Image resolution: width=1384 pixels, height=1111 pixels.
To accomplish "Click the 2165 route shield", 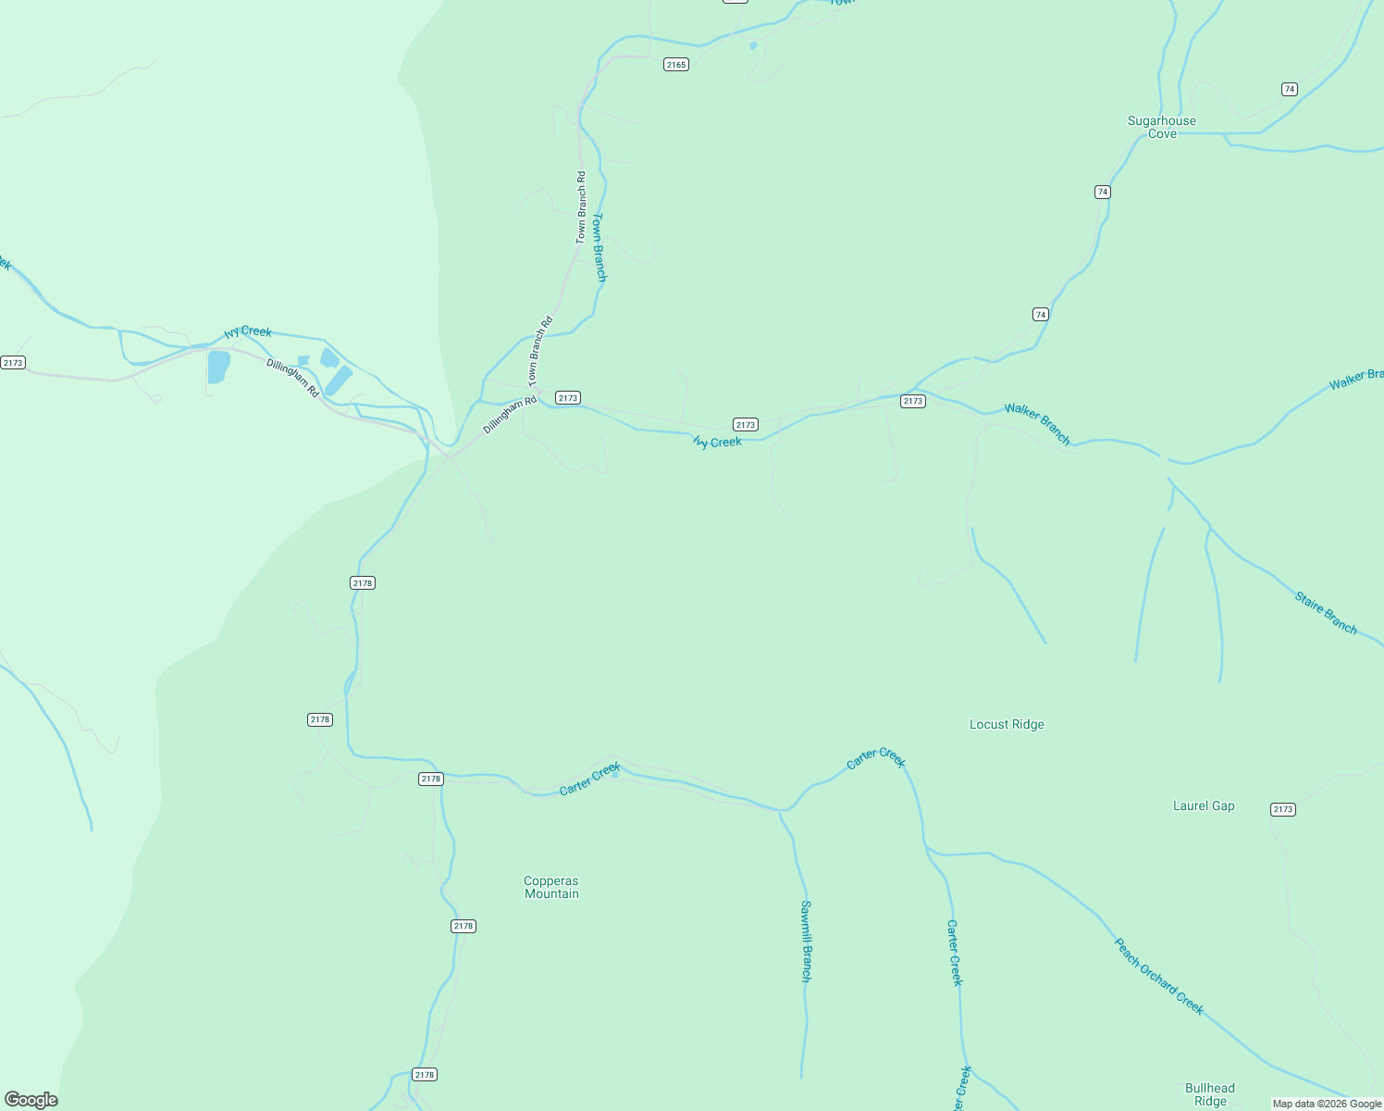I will click(676, 65).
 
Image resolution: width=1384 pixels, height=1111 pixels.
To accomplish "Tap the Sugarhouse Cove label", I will click(1162, 128).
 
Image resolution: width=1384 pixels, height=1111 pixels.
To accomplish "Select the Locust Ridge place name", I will click(1007, 724).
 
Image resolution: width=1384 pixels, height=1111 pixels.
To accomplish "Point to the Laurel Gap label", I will click(1204, 805).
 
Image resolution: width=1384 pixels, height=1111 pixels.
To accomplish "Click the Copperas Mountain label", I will click(551, 887).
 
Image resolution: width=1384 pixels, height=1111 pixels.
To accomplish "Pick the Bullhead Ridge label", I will click(1210, 1094).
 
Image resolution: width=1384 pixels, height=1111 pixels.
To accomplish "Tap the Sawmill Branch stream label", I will click(806, 941).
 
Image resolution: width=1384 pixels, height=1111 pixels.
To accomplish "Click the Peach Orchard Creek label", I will click(1159, 977).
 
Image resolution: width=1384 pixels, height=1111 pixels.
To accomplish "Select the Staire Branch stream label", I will click(1326, 614).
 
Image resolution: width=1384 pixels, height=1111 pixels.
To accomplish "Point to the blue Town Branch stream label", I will click(599, 247).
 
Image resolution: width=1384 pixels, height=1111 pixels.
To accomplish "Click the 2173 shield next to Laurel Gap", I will click(1282, 809).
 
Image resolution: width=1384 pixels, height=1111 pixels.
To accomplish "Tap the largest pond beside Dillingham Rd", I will click(218, 367).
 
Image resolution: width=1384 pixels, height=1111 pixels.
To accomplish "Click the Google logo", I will click(31, 1100).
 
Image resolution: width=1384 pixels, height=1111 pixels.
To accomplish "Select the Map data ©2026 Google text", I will click(1327, 1104).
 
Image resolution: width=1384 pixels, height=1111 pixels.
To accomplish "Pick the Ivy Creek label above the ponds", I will click(248, 331).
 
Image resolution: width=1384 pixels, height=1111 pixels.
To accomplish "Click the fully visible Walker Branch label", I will click(1037, 424).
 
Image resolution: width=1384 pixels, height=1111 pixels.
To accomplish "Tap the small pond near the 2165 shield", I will click(753, 45).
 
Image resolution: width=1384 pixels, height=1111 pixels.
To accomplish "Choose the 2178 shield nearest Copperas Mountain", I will click(463, 926).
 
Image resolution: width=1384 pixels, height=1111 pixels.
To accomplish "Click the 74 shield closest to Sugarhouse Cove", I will click(1102, 192).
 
